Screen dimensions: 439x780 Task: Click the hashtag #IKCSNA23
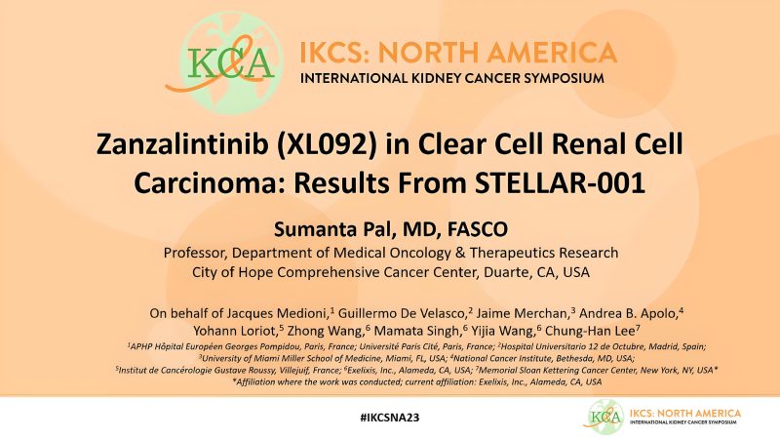(389, 417)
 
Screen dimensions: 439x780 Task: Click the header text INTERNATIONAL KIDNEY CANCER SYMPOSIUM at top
(458, 77)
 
